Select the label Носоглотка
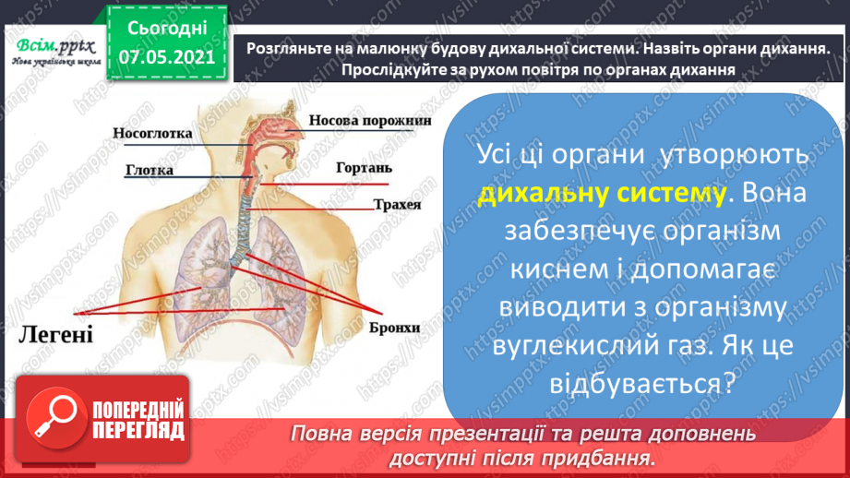coord(152,133)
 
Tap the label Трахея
coord(398,204)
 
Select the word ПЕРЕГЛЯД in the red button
coord(137,430)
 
